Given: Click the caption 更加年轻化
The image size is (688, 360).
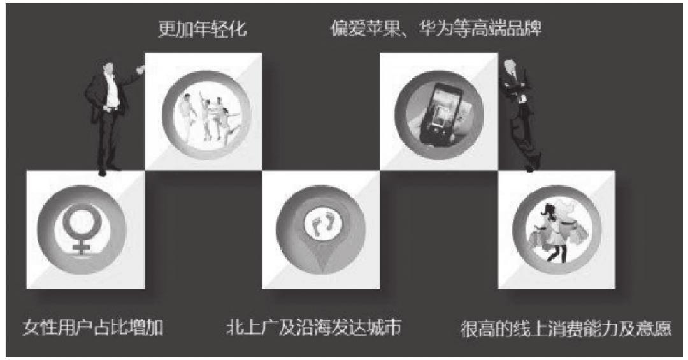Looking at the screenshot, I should [202, 29].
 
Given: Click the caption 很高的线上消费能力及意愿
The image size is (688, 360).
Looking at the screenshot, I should [566, 330].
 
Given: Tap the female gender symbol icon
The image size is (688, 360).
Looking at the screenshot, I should [81, 229].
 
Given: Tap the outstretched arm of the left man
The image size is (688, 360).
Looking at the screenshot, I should [130, 78].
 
